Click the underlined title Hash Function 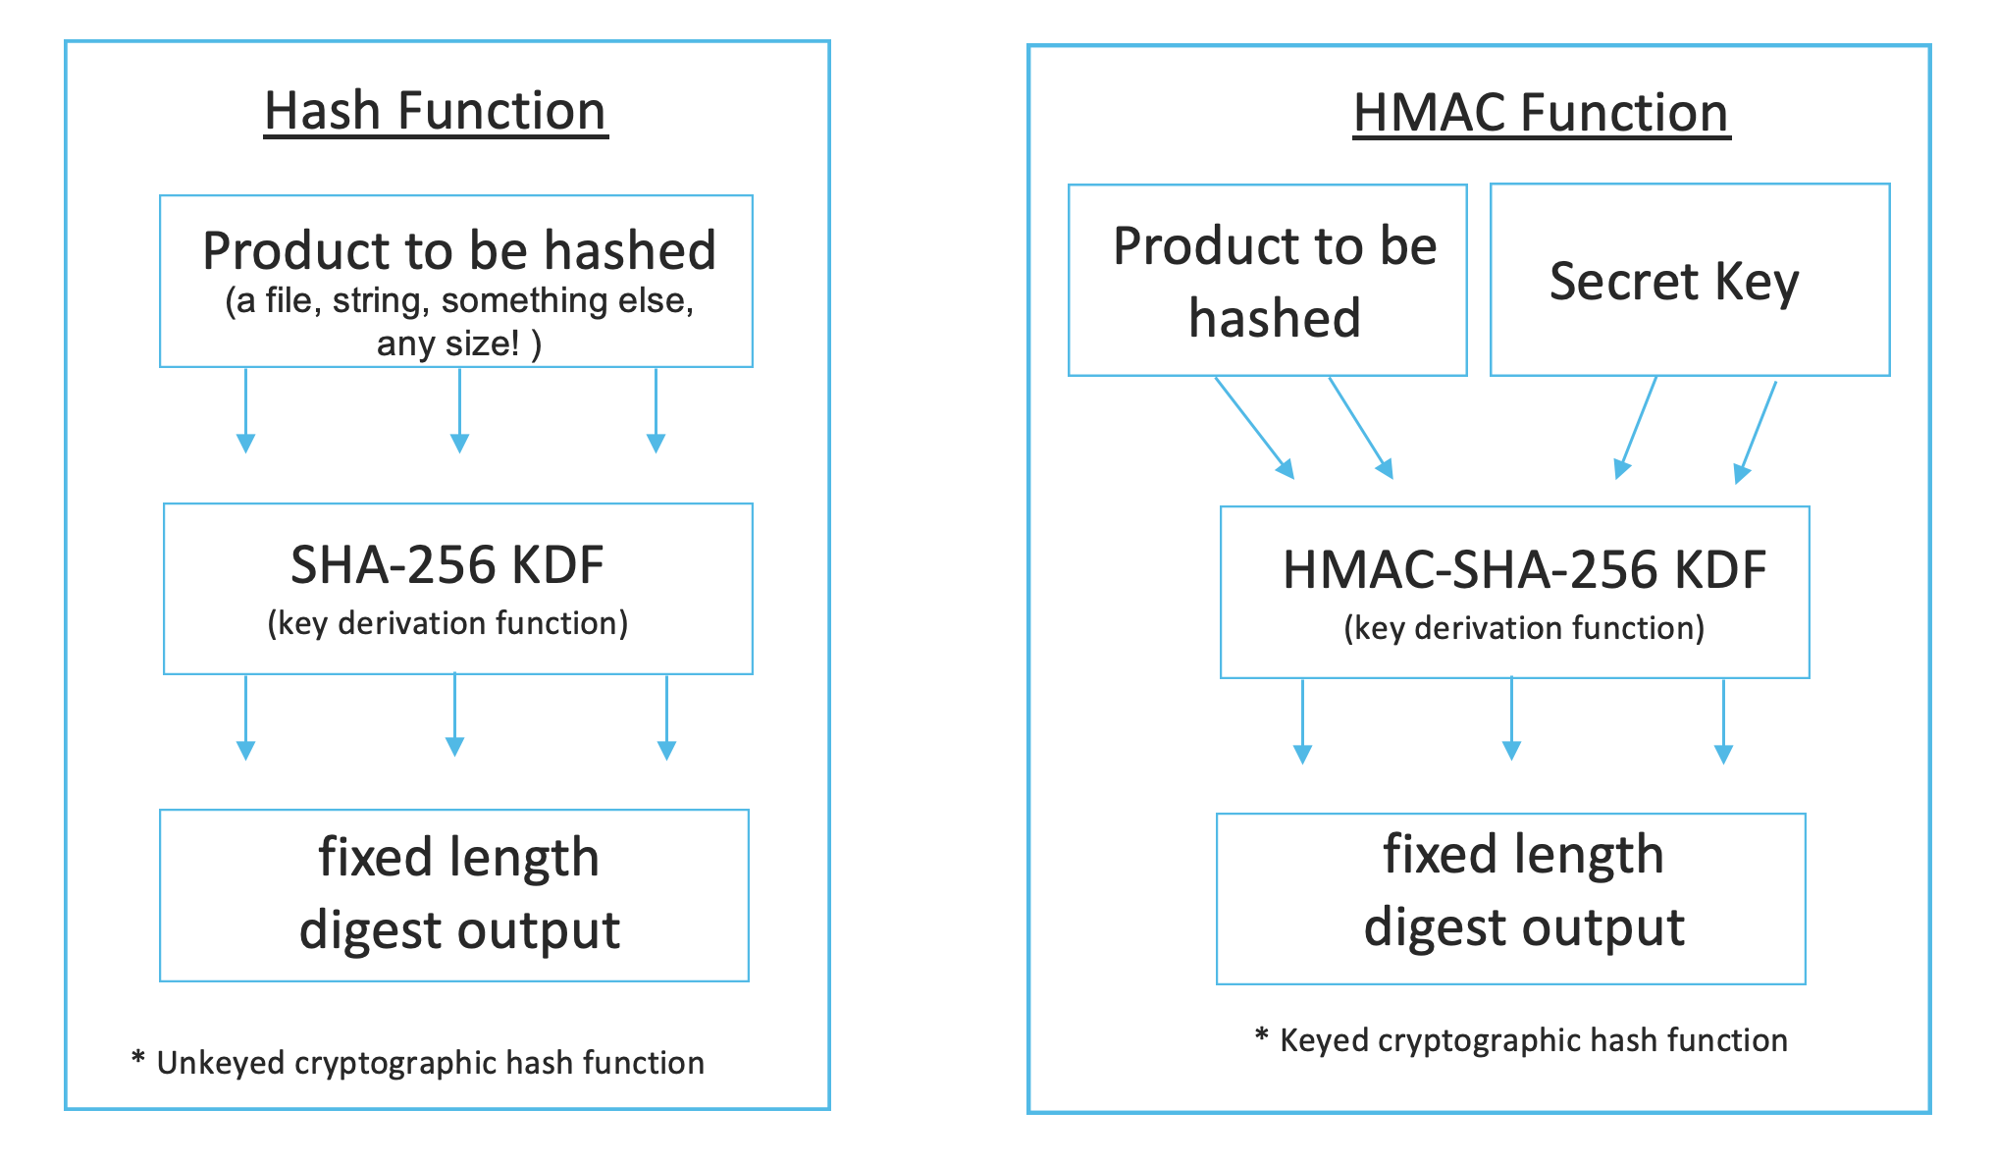435,111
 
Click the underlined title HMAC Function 1541,113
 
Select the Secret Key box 1688,280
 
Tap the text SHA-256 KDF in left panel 446,565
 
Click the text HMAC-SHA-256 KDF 1523,570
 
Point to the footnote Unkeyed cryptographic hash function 430,1063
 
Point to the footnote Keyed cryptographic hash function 1533,1040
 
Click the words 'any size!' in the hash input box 449,343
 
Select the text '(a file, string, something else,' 459,300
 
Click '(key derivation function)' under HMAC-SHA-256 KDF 1523,628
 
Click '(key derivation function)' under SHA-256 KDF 446,623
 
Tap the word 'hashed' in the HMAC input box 1274,319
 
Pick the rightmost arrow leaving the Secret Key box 1757,432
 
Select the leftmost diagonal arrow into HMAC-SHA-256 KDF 1254,427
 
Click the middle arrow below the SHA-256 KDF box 454,714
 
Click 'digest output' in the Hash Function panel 459,930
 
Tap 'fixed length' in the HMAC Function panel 1523,854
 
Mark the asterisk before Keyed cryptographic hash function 1262,1035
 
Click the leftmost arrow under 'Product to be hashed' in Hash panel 246,410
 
